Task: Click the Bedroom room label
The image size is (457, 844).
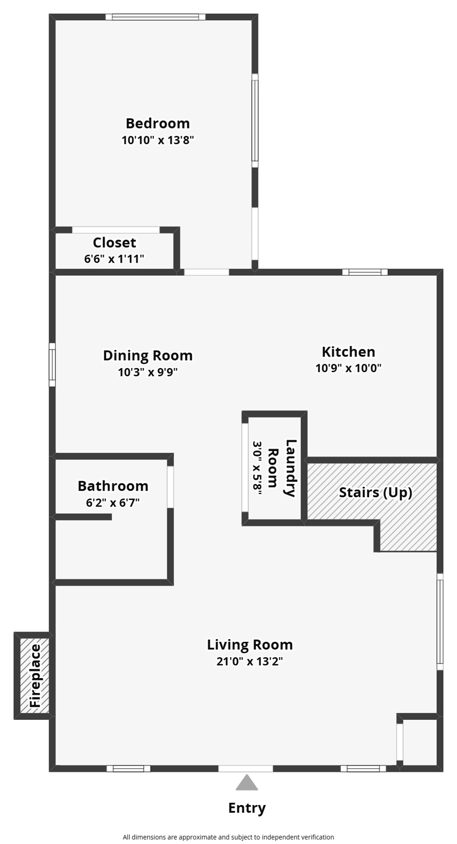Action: (158, 123)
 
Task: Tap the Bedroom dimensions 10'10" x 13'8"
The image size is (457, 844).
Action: (158, 140)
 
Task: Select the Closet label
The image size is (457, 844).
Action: (114, 242)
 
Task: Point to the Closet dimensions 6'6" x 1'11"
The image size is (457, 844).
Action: (114, 259)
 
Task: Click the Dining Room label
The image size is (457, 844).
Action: (148, 356)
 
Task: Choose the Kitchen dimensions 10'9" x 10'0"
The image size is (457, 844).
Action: (348, 368)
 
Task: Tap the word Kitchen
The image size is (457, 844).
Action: (348, 352)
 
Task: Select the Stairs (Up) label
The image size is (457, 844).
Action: (375, 492)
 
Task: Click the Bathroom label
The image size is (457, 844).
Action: (113, 486)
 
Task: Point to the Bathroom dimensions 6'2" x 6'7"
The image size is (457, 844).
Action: (113, 502)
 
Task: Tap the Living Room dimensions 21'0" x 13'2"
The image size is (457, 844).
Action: (249, 661)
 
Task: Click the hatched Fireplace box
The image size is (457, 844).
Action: (35, 676)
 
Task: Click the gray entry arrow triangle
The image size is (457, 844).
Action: (247, 783)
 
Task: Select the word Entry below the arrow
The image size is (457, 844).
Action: (247, 808)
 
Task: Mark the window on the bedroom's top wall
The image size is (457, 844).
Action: (155, 17)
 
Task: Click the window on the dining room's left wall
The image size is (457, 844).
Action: (52, 364)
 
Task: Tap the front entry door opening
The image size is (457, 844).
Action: (246, 768)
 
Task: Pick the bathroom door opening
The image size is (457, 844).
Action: (170, 487)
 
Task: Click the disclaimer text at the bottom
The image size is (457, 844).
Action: (228, 837)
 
